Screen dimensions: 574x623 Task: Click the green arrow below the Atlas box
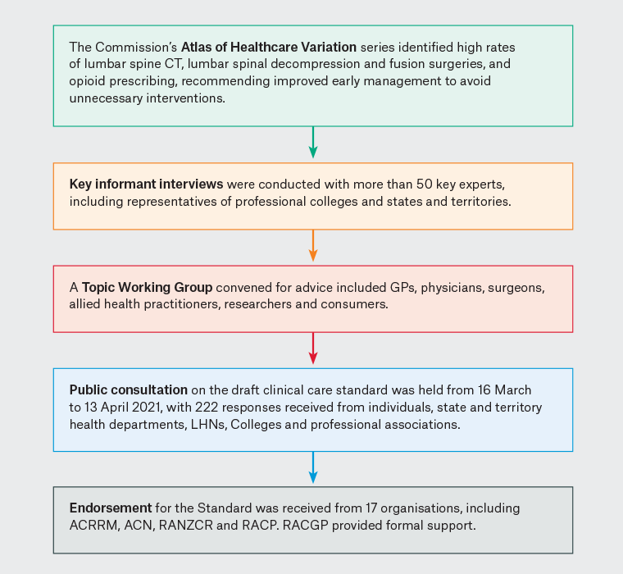pyautogui.click(x=312, y=143)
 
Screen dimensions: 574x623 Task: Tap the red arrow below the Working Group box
pyautogui.click(x=312, y=349)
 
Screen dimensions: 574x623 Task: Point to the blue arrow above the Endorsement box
pyautogui.click(x=312, y=468)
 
